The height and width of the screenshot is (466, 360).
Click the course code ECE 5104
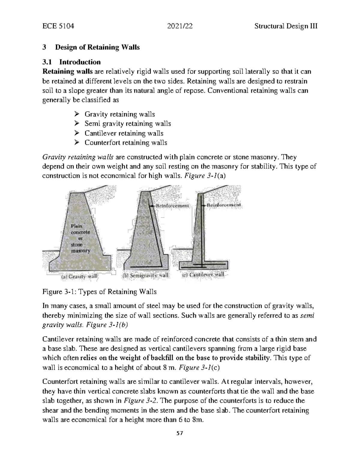point(58,26)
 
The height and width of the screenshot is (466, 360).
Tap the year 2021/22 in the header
point(180,26)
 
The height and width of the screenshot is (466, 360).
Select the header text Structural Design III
point(286,26)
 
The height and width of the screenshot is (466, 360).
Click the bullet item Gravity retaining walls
point(119,114)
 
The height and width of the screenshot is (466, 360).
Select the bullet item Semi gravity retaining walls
point(127,124)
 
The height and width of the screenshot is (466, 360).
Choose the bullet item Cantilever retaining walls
point(124,133)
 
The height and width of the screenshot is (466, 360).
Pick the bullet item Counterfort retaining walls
point(126,143)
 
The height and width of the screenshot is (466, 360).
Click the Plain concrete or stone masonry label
point(80,238)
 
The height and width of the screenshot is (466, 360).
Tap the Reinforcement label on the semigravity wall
point(173,206)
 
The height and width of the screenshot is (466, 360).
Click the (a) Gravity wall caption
point(79,276)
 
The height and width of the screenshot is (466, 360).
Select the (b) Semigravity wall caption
point(146,275)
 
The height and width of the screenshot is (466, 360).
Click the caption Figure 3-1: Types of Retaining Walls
point(99,292)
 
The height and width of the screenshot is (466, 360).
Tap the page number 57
point(180,433)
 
